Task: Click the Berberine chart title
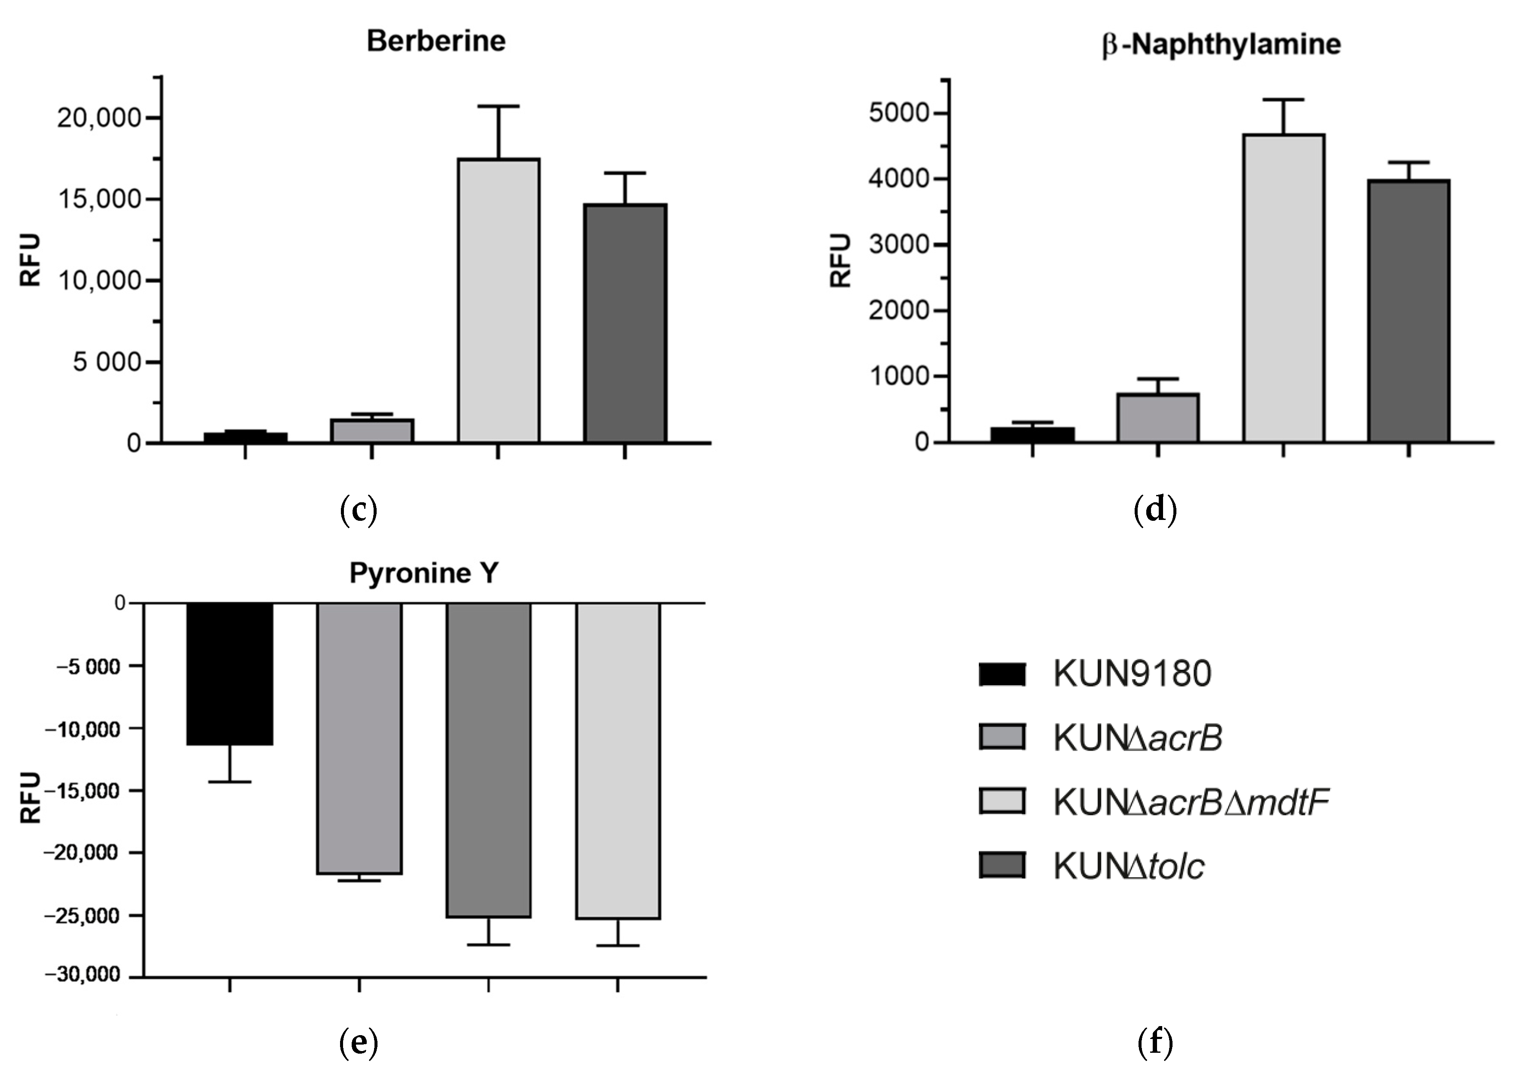coord(436,41)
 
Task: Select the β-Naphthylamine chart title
coord(1221,45)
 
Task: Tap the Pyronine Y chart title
coord(424,573)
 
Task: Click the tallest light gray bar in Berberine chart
coord(499,300)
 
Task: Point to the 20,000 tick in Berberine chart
coord(99,118)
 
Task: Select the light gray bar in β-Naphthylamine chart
coord(1283,288)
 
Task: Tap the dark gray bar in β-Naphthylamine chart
coord(1408,310)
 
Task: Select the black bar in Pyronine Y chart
coord(230,674)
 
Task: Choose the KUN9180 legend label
coord(1132,674)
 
